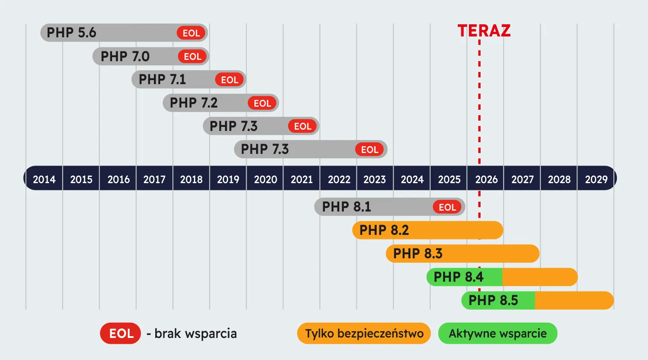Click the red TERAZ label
[x=484, y=31]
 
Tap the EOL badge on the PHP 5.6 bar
[x=191, y=33]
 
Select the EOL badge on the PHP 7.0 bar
[x=193, y=56]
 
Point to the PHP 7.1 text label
[x=162, y=79]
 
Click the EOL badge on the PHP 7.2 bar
[x=262, y=103]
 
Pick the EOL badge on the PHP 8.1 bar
[x=447, y=207]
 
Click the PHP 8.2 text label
[x=384, y=230]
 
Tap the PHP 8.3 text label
[x=418, y=253]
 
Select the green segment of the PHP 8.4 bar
[x=464, y=277]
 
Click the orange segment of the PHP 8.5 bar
[x=574, y=301]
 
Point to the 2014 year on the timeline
[x=44, y=180]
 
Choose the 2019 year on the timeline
[x=228, y=180]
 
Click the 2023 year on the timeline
[x=374, y=180]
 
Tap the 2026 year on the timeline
[x=486, y=180]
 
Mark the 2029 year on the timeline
[x=596, y=180]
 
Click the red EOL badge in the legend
[x=121, y=333]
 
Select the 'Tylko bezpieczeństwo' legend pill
[x=364, y=333]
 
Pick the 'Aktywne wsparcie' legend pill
[x=498, y=333]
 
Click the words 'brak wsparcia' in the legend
[x=196, y=333]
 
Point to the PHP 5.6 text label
[x=71, y=33]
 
